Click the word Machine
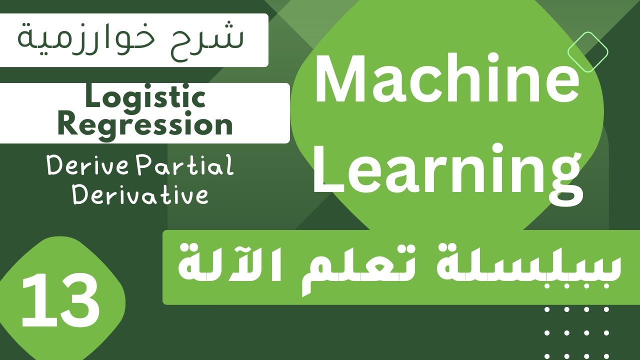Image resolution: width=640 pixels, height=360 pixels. (446, 80)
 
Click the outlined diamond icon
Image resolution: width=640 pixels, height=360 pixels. (588, 51)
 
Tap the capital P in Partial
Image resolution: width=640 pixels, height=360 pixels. (148, 166)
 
